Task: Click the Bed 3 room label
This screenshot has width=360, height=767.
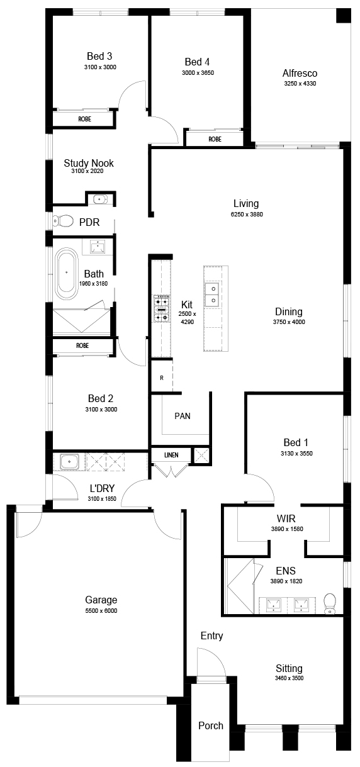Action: [99, 56]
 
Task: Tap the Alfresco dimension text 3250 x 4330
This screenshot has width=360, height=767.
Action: [300, 83]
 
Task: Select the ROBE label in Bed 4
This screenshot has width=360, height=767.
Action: [215, 139]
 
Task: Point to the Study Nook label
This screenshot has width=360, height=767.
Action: [89, 163]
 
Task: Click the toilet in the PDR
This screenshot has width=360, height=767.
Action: [63, 221]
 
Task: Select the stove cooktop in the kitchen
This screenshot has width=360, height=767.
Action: [161, 308]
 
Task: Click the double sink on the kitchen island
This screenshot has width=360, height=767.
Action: [212, 294]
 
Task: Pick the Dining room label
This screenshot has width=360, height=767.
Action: [289, 311]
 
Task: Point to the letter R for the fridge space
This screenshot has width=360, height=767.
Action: [162, 378]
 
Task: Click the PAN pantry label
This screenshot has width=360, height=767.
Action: [183, 416]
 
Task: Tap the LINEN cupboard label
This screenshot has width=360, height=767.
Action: [171, 455]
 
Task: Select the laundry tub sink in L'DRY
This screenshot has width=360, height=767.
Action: [69, 462]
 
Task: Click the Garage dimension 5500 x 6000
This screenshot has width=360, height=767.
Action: [101, 610]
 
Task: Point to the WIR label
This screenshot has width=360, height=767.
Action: [286, 518]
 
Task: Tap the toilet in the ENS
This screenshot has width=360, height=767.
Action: [330, 603]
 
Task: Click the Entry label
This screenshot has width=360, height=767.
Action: [211, 636]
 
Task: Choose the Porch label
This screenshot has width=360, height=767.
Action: [211, 725]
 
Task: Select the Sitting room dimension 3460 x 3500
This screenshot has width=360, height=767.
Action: [289, 678]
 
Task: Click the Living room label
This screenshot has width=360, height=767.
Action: [246, 203]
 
